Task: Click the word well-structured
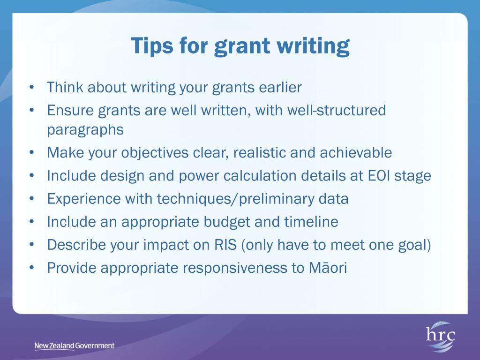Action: (x=337, y=110)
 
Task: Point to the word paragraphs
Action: (x=85, y=130)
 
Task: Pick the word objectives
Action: (x=155, y=153)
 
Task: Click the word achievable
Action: (x=356, y=152)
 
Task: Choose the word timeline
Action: (x=311, y=222)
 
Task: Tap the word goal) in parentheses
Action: (x=414, y=245)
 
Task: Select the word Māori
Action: (x=328, y=268)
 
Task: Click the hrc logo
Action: (x=440, y=336)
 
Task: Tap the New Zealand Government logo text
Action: (x=75, y=346)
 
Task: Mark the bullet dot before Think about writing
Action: (x=32, y=87)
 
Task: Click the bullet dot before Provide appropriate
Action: (x=32, y=268)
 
